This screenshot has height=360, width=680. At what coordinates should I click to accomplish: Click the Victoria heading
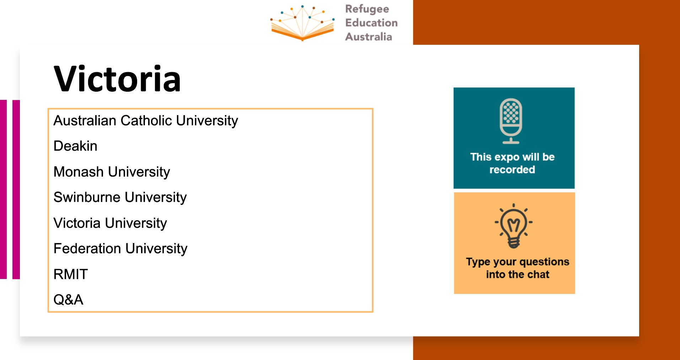pyautogui.click(x=117, y=79)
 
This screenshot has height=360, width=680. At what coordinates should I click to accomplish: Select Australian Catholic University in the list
pyautogui.click(x=146, y=121)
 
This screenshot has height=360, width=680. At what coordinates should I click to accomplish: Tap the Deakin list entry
pyautogui.click(x=75, y=146)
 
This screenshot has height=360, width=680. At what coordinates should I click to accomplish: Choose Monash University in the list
pyautogui.click(x=112, y=172)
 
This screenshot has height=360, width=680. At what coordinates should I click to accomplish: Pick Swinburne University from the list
pyautogui.click(x=120, y=198)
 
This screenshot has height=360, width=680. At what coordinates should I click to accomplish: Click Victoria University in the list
pyautogui.click(x=110, y=223)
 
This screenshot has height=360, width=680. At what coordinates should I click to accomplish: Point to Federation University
pyautogui.click(x=120, y=249)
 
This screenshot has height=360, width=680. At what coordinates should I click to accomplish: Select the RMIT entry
pyautogui.click(x=71, y=274)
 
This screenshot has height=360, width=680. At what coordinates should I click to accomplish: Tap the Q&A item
pyautogui.click(x=68, y=300)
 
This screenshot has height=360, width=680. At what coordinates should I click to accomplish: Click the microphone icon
pyautogui.click(x=511, y=121)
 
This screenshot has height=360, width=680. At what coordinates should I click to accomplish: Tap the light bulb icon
pyautogui.click(x=514, y=226)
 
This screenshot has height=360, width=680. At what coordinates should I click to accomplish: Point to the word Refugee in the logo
pyautogui.click(x=367, y=9)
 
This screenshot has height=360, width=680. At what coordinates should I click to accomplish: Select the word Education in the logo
pyautogui.click(x=371, y=23)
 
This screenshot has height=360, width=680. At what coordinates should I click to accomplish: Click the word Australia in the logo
pyautogui.click(x=369, y=37)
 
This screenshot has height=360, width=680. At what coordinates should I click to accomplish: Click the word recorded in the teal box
pyautogui.click(x=512, y=170)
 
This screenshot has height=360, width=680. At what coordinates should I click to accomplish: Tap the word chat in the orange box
pyautogui.click(x=538, y=274)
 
